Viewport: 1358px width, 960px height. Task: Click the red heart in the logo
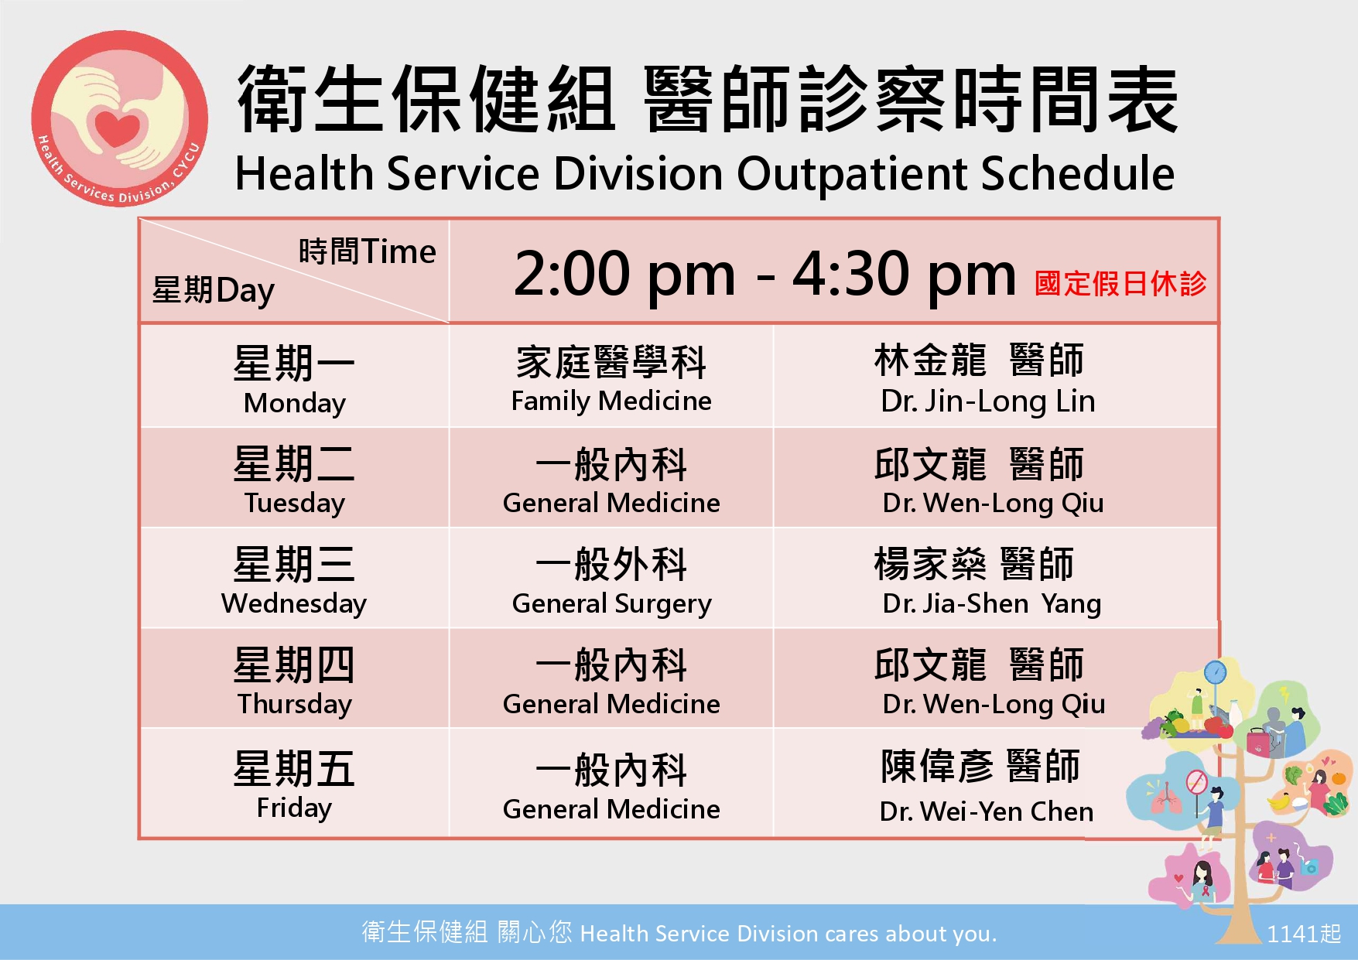pos(118,126)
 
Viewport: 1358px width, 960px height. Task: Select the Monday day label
pos(294,403)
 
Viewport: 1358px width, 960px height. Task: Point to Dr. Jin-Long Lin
pos(988,401)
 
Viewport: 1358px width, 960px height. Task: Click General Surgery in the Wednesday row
pos(611,603)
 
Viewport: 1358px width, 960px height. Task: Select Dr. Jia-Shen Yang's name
pos(992,603)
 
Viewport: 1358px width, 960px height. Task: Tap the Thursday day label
pos(294,704)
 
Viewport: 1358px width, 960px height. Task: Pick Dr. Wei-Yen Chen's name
pos(987,811)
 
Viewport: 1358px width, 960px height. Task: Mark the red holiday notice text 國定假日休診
pos(1120,283)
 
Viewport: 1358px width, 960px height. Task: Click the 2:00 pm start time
pos(624,274)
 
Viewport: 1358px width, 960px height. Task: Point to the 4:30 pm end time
pos(904,274)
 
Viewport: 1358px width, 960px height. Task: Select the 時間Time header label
pos(368,251)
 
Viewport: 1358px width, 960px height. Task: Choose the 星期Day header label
pos(214,291)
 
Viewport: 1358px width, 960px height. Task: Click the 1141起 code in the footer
pos(1304,934)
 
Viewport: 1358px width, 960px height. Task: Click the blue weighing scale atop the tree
pos(1216,671)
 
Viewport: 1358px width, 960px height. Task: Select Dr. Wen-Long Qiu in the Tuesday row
pos(994,503)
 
